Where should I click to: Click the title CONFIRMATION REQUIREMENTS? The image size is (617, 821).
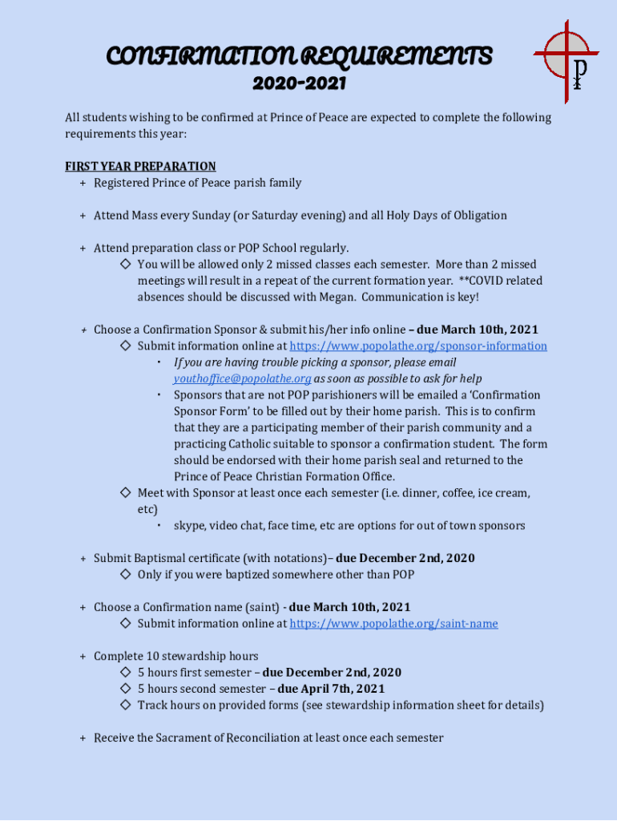(x=299, y=56)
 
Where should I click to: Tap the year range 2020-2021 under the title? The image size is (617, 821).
(x=299, y=83)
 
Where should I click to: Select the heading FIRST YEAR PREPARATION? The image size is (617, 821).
(x=140, y=166)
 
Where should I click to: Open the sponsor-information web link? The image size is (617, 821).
(x=417, y=346)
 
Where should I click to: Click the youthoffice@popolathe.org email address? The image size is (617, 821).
(x=242, y=378)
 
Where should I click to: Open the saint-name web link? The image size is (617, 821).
(x=393, y=624)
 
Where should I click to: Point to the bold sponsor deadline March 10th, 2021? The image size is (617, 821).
(x=477, y=330)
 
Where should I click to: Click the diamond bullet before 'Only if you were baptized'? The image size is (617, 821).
(x=125, y=575)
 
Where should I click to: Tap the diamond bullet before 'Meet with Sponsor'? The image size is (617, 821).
(x=125, y=492)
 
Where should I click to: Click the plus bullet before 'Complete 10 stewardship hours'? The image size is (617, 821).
(x=83, y=657)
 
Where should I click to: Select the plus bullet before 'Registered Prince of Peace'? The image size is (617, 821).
(x=83, y=183)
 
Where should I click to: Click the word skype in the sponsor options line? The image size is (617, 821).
(x=189, y=526)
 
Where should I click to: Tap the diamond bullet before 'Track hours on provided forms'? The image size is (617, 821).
(x=125, y=705)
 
